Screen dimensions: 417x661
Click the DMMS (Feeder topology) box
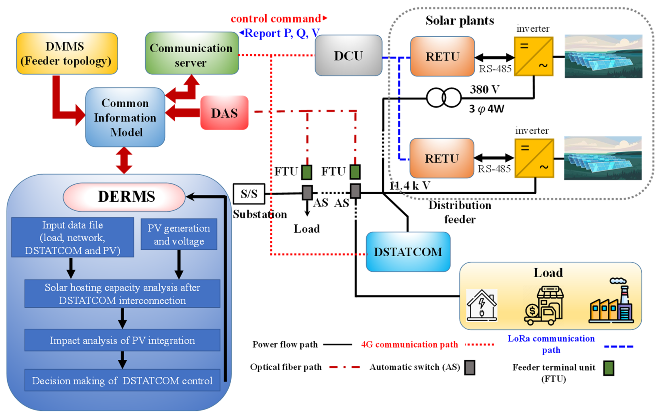click(67, 54)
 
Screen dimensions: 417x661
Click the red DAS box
click(224, 113)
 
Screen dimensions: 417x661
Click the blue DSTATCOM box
click(408, 252)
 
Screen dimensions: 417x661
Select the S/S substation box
click(249, 194)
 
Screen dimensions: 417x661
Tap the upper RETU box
click(442, 57)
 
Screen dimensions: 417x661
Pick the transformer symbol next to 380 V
click(444, 97)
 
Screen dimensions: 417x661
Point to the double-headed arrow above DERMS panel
click(124, 160)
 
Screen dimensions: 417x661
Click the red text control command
click(276, 19)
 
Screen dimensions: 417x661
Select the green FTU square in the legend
click(609, 368)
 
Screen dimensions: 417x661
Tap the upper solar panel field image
click(603, 56)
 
